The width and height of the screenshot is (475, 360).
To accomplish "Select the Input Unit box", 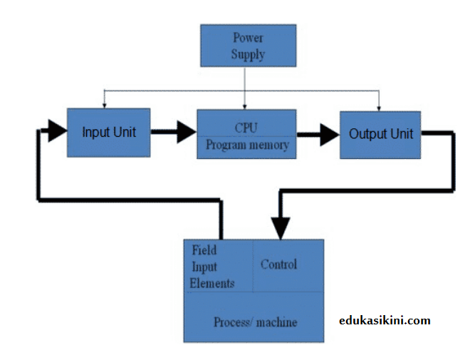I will pos(108,133).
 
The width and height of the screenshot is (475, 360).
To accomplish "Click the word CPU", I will pos(246,128).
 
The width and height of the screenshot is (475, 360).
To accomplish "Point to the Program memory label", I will pos(247,145).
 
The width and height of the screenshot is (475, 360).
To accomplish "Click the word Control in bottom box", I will pos(278,264).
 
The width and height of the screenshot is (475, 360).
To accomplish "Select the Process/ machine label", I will pos(255,322).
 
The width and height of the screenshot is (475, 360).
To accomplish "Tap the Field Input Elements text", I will pos(212,267).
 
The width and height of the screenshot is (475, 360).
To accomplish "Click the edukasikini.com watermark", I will pos(385,321).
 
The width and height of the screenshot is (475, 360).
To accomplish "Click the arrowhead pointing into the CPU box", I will pos(187,132).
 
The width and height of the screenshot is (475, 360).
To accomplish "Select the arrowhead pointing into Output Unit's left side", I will pos(330,135).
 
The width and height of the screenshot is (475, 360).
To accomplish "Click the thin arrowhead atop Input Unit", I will pos(105,105).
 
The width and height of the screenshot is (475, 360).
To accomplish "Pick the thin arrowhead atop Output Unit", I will pos(379,107).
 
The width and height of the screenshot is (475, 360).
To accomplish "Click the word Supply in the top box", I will pos(247,54).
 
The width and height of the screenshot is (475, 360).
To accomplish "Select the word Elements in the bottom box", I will pos(212,283).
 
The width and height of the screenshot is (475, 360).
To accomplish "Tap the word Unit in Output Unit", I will pos(401,133).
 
